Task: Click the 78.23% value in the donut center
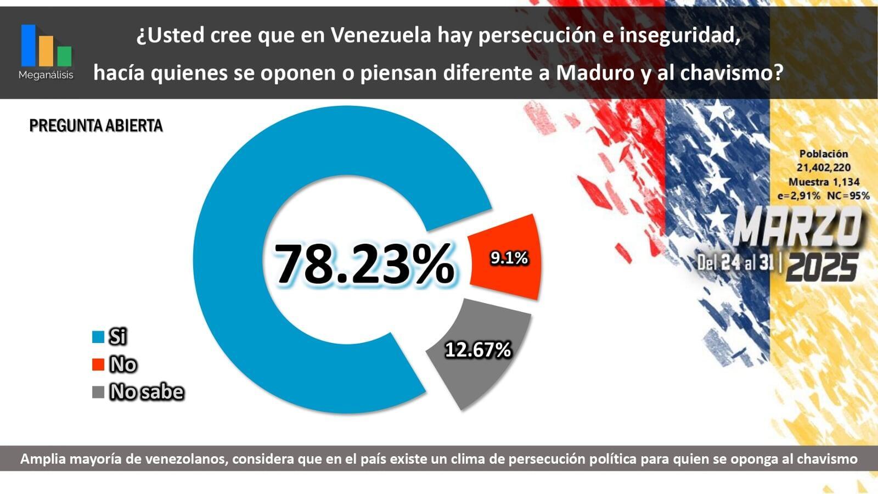364,264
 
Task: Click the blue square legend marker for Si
98,336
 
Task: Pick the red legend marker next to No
98,364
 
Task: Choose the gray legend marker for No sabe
98,392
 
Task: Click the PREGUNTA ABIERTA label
96,126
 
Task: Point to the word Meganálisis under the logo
46,75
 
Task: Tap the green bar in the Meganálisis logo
64,56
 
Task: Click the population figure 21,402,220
824,167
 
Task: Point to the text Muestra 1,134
824,182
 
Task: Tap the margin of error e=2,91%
799,195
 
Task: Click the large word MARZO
797,228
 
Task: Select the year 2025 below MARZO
821,268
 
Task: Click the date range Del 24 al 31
735,262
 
